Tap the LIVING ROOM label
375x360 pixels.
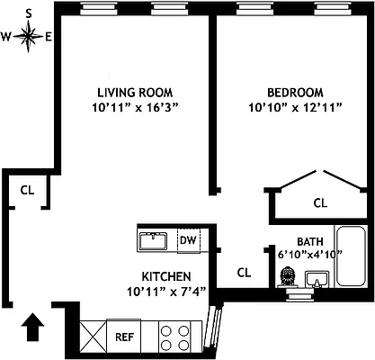[x=135, y=92]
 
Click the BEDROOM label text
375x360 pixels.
[x=294, y=92]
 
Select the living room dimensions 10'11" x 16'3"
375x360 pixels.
[x=135, y=108]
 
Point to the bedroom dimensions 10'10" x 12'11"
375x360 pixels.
[x=294, y=108]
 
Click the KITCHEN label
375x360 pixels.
[x=165, y=275]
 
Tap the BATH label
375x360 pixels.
[x=309, y=240]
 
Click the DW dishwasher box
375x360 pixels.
[x=188, y=240]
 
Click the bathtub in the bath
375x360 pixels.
[x=349, y=256]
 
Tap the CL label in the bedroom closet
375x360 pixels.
[x=320, y=202]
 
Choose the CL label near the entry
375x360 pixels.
[x=27, y=190]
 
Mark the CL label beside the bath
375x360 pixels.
[x=243, y=272]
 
